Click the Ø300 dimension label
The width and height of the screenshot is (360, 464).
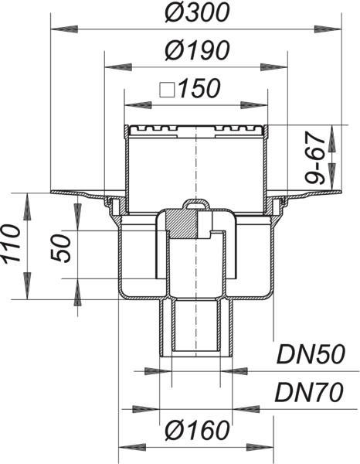pyautogui.click(x=197, y=12)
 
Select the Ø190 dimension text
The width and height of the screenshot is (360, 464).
pyautogui.click(x=197, y=50)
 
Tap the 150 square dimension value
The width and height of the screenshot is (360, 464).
pyautogui.click(x=199, y=88)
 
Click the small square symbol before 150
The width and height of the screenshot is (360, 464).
pyautogui.click(x=167, y=90)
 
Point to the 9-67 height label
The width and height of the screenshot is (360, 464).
pyautogui.click(x=314, y=158)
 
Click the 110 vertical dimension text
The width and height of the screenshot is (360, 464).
pyautogui.click(x=12, y=244)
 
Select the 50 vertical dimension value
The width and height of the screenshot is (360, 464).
pyautogui.click(x=61, y=248)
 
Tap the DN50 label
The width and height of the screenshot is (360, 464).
pyautogui.click(x=311, y=354)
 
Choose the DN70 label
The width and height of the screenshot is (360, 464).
pyautogui.click(x=310, y=392)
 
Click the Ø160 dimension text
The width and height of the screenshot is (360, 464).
pyautogui.click(x=197, y=430)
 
